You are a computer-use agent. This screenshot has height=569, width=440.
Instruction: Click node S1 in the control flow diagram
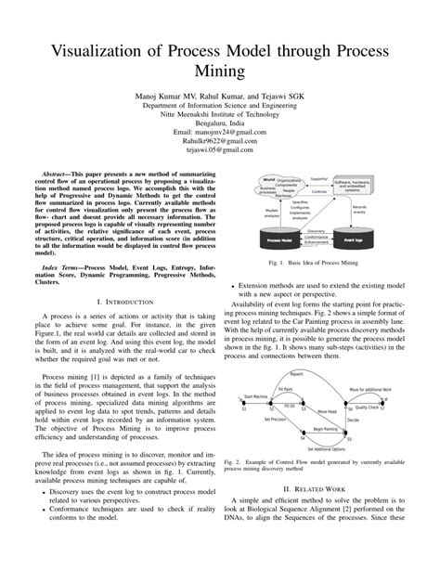245,407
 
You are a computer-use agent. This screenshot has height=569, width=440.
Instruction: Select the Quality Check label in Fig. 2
368,407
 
